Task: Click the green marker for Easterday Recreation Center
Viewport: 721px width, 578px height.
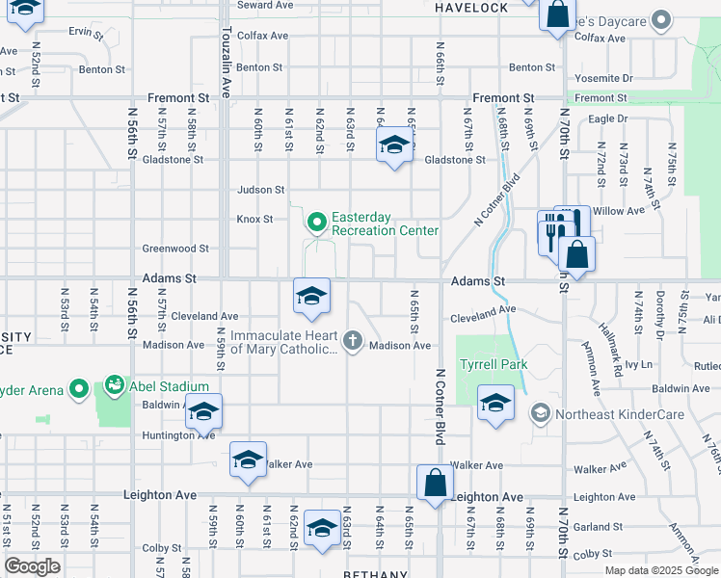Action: click(x=316, y=223)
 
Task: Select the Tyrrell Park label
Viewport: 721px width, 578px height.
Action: click(x=494, y=366)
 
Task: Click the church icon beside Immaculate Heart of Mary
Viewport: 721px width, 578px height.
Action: click(x=354, y=340)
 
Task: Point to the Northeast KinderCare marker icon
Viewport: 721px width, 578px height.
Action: click(x=540, y=413)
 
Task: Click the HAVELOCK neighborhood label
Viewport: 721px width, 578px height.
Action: click(x=471, y=8)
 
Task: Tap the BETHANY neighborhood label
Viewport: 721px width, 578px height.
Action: click(x=376, y=573)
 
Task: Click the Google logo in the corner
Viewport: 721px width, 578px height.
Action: click(x=32, y=566)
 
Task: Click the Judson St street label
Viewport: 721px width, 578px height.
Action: click(x=261, y=190)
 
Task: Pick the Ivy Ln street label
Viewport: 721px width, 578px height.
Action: click(x=638, y=365)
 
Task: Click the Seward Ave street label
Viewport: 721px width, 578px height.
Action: click(x=264, y=5)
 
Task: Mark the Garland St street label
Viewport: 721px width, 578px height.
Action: click(x=593, y=527)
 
